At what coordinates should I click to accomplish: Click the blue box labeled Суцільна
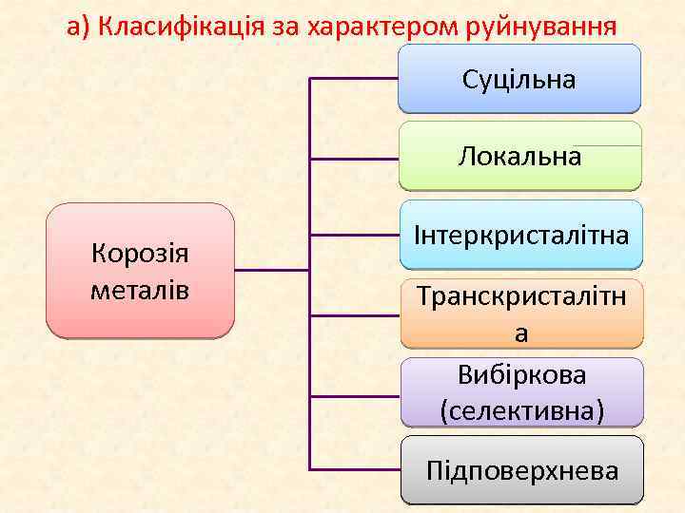tap(519, 79)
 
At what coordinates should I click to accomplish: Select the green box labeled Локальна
tap(519, 156)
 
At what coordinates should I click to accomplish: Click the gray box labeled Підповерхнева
tap(521, 469)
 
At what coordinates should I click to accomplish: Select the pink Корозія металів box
tap(140, 271)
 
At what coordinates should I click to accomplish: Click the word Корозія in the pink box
tap(140, 254)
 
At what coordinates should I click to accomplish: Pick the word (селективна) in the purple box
tap(521, 410)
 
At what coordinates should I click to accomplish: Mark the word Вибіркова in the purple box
tap(521, 375)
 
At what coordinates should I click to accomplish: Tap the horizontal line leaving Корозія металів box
tap(271, 270)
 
